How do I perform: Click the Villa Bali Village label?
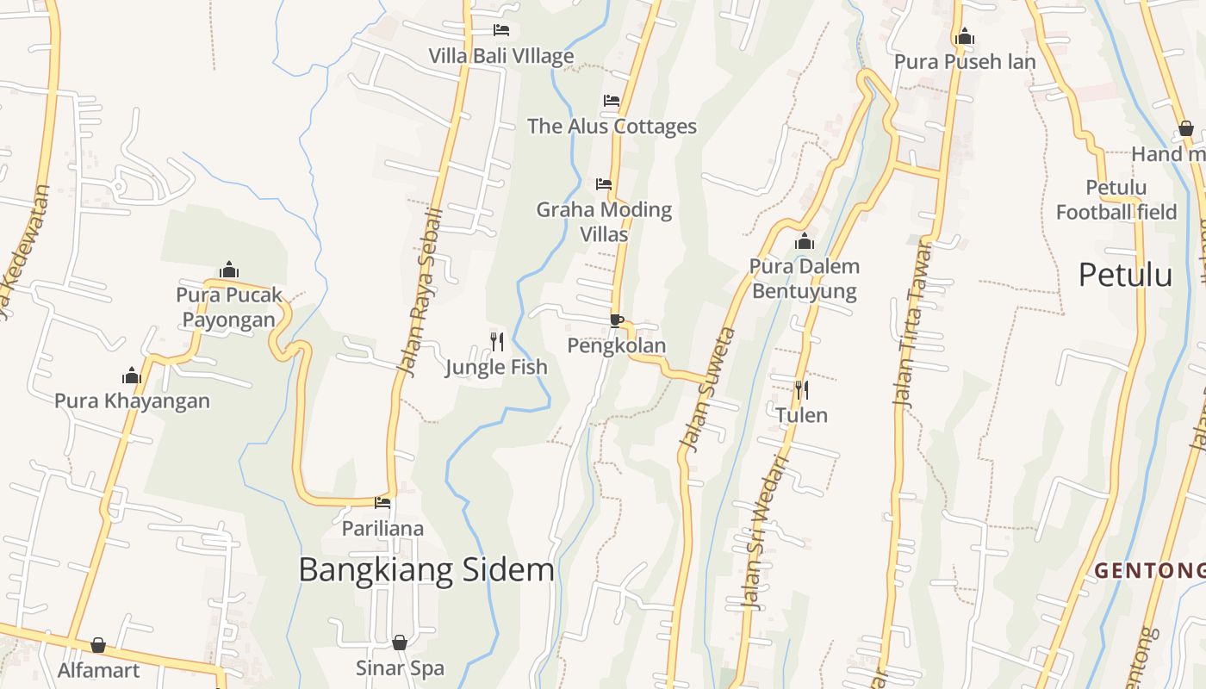[501, 56]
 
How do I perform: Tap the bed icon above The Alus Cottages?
[612, 101]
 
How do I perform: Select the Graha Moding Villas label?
[604, 221]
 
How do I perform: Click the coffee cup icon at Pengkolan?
[617, 320]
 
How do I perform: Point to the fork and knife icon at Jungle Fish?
[497, 342]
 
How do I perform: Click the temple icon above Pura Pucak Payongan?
[229, 270]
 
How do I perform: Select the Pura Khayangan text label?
[132, 400]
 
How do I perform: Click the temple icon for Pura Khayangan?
[132, 376]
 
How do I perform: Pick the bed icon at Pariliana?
[382, 503]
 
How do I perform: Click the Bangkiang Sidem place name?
[426, 570]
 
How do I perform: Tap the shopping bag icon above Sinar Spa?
[400, 642]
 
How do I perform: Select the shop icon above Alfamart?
[98, 645]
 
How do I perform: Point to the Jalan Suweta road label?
[708, 389]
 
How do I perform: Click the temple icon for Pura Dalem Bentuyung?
[805, 241]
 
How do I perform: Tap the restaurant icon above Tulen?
[801, 390]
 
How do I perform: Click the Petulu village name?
[1125, 275]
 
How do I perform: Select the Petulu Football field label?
[1116, 200]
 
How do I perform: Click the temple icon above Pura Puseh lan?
[965, 36]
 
